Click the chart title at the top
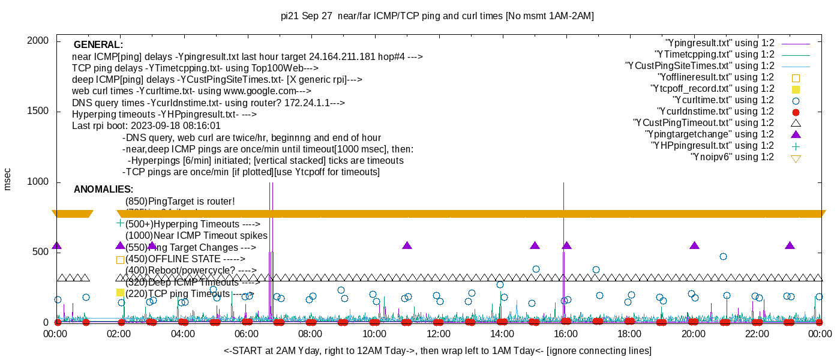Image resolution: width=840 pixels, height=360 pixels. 437,16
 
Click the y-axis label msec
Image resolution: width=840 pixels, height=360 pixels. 8,179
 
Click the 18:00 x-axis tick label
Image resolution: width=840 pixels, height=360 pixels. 629,334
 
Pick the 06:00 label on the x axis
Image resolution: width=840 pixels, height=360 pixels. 247,334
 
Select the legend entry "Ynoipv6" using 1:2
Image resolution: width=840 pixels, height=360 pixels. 732,157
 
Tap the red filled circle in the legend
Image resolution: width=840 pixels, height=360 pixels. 796,112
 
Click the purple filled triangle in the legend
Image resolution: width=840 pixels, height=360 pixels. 796,134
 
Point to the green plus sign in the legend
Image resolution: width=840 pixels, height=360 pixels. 796,146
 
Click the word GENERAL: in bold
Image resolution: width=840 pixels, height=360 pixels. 98,45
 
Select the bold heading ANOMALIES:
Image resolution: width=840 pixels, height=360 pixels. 103,190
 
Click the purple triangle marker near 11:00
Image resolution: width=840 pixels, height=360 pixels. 407,245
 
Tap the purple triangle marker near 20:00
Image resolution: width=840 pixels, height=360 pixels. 695,245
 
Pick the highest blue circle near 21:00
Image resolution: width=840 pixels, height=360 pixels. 723,256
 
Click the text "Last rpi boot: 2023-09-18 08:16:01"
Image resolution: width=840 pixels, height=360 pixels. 146,126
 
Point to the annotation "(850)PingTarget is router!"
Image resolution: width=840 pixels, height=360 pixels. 180,201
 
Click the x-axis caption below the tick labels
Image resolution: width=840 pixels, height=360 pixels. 437,350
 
